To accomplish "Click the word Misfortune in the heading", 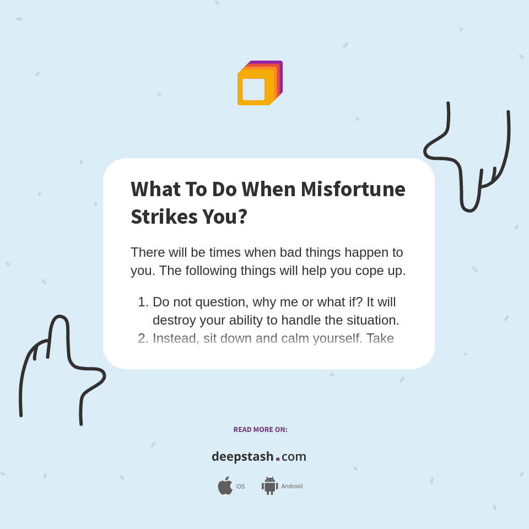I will [x=353, y=189].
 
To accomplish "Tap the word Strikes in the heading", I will [x=164, y=217].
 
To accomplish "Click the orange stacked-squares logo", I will [x=260, y=83].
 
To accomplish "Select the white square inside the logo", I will [x=253, y=89].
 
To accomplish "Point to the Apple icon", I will [x=225, y=485].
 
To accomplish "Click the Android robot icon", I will [x=269, y=485].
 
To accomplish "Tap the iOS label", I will [x=240, y=487].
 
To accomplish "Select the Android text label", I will [x=292, y=486].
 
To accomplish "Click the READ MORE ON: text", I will [x=260, y=429].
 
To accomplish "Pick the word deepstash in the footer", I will [x=242, y=456].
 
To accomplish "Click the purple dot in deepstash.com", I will [x=278, y=458].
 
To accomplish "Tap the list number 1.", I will [x=143, y=302].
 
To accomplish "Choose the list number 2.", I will [x=143, y=338].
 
